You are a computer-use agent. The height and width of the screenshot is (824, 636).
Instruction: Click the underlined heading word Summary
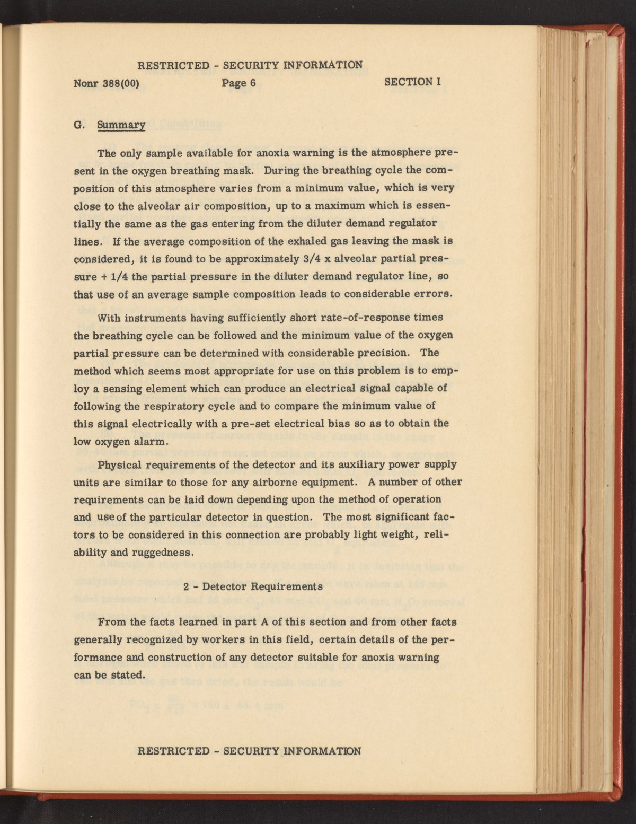121,125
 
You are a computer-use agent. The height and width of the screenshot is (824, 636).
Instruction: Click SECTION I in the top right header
413,82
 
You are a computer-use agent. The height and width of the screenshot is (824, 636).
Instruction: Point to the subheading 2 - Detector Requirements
253,587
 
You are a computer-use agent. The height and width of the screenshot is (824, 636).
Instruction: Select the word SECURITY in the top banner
251,65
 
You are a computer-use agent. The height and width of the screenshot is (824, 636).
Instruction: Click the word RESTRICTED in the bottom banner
173,751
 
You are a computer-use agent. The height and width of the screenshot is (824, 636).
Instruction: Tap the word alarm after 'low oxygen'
154,441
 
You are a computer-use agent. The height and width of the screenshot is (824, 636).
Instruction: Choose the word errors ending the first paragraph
432,294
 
